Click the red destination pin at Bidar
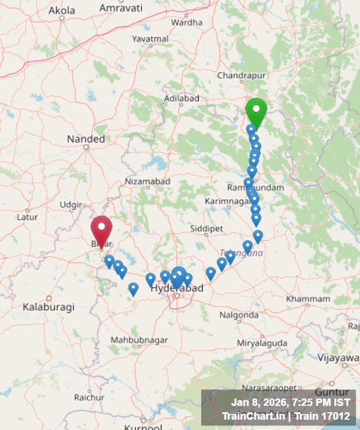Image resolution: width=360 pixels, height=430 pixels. pyautogui.click(x=101, y=229)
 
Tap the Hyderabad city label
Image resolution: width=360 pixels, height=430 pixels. pyautogui.click(x=177, y=288)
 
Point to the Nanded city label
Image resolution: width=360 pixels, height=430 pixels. pyautogui.click(x=86, y=139)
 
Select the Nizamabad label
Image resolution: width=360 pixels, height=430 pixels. pyautogui.click(x=148, y=182)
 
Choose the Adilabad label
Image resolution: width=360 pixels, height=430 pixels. pyautogui.click(x=182, y=99)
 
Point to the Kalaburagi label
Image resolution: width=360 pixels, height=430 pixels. pyautogui.click(x=49, y=307)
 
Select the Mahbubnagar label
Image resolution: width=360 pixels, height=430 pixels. pyautogui.click(x=139, y=340)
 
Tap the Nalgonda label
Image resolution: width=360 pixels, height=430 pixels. pyautogui.click(x=239, y=315)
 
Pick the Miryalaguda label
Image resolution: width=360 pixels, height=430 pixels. pyautogui.click(x=262, y=343)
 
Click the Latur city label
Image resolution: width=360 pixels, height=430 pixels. pyautogui.click(x=27, y=217)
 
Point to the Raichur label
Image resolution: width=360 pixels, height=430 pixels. pyautogui.click(x=89, y=397)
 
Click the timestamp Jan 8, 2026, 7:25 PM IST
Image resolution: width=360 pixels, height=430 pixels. pyautogui.click(x=290, y=402)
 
